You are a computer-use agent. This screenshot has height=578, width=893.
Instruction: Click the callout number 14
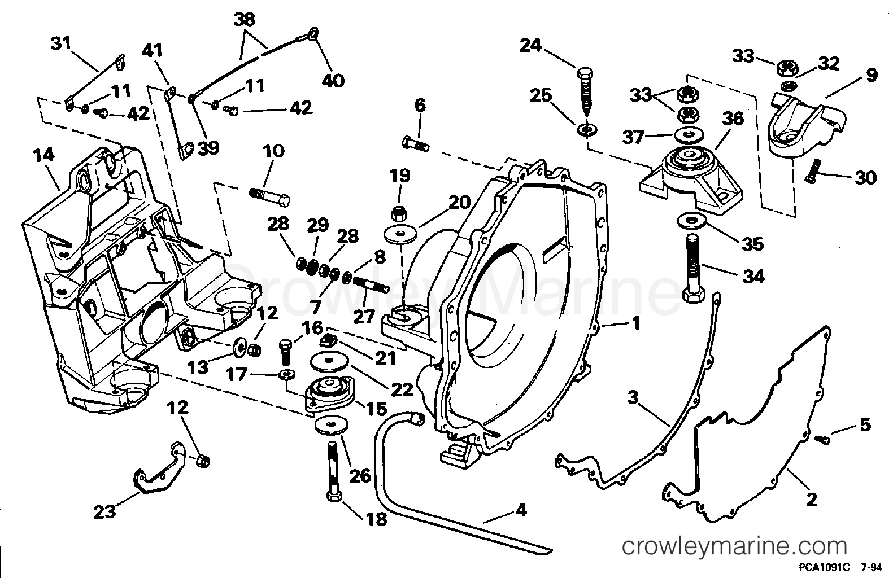[44, 155]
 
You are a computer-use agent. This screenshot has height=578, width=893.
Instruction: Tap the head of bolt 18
[333, 496]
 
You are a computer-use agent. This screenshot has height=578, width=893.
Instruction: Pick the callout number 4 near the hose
[520, 510]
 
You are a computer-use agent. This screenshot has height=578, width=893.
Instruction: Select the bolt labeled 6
[416, 143]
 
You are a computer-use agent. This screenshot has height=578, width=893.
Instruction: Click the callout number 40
[333, 80]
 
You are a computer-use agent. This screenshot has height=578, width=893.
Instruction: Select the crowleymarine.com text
[734, 547]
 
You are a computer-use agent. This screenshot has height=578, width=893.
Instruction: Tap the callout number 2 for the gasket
[811, 500]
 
